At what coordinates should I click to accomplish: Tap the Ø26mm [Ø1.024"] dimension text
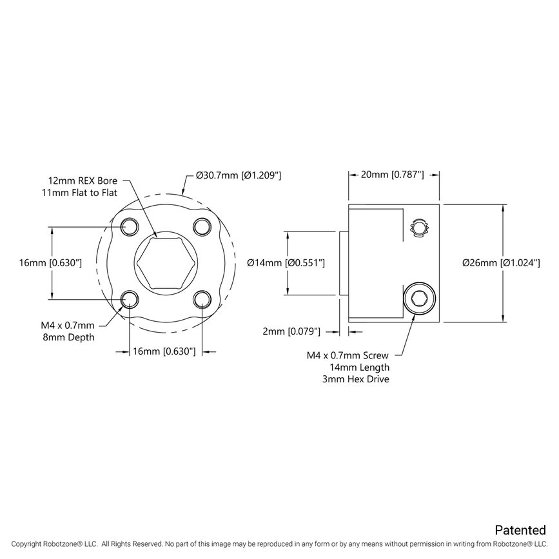click(501, 262)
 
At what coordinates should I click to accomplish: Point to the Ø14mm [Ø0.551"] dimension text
click(286, 262)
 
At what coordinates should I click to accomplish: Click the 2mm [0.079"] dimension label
click(292, 331)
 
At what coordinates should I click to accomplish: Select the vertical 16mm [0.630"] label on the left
click(50, 262)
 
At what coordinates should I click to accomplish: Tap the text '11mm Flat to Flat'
click(79, 192)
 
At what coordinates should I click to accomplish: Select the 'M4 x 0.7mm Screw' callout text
click(348, 355)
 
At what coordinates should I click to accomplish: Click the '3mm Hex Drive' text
click(356, 379)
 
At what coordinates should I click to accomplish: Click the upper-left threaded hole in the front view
click(130, 226)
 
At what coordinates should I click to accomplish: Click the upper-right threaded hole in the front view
click(202, 226)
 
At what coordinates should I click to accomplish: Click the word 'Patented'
click(520, 530)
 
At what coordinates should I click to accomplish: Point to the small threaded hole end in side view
click(420, 228)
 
